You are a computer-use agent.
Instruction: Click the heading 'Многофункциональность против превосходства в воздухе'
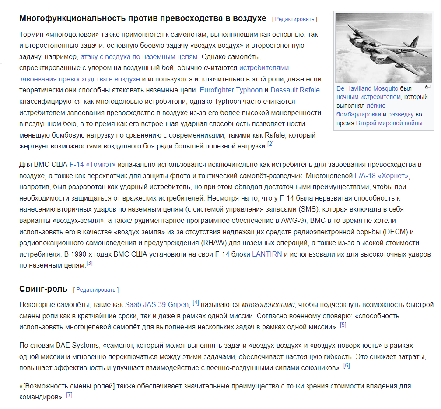[143, 18]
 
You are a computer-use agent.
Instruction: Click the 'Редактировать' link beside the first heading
[294, 19]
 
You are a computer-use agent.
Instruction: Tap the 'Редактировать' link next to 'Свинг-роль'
[96, 290]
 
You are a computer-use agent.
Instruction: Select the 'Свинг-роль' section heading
[43, 289]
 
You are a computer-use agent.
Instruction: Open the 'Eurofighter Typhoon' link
[231, 90]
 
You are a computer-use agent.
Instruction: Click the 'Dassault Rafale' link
[295, 90]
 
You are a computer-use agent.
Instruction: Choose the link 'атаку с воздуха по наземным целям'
[139, 56]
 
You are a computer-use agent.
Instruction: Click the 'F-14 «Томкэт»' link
[92, 165]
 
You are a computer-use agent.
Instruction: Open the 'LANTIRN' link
[267, 254]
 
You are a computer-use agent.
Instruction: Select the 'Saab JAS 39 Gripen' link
[157, 305]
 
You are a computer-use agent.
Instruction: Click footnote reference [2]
[270, 145]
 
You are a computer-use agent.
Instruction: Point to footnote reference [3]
[89, 264]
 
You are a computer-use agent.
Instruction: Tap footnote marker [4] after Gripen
[196, 303]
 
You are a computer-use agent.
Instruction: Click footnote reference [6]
[346, 366]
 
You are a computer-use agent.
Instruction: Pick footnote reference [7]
[69, 395]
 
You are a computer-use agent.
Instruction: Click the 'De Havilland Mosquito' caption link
[367, 88]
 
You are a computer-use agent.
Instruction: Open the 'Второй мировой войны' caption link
[389, 123]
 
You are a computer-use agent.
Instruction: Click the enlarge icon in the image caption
[427, 87]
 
